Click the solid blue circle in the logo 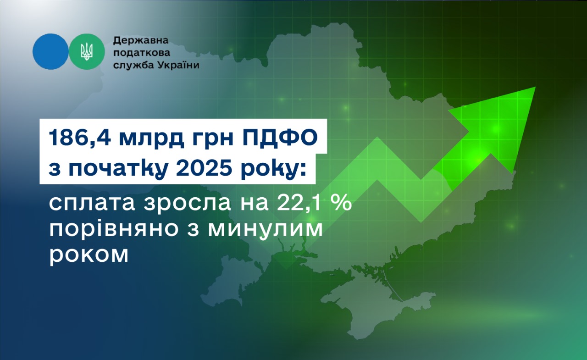(x=50, y=52)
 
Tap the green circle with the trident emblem (x=87, y=52)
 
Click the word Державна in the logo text (x=141, y=40)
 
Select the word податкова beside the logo (x=142, y=53)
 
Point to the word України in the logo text (x=178, y=65)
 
